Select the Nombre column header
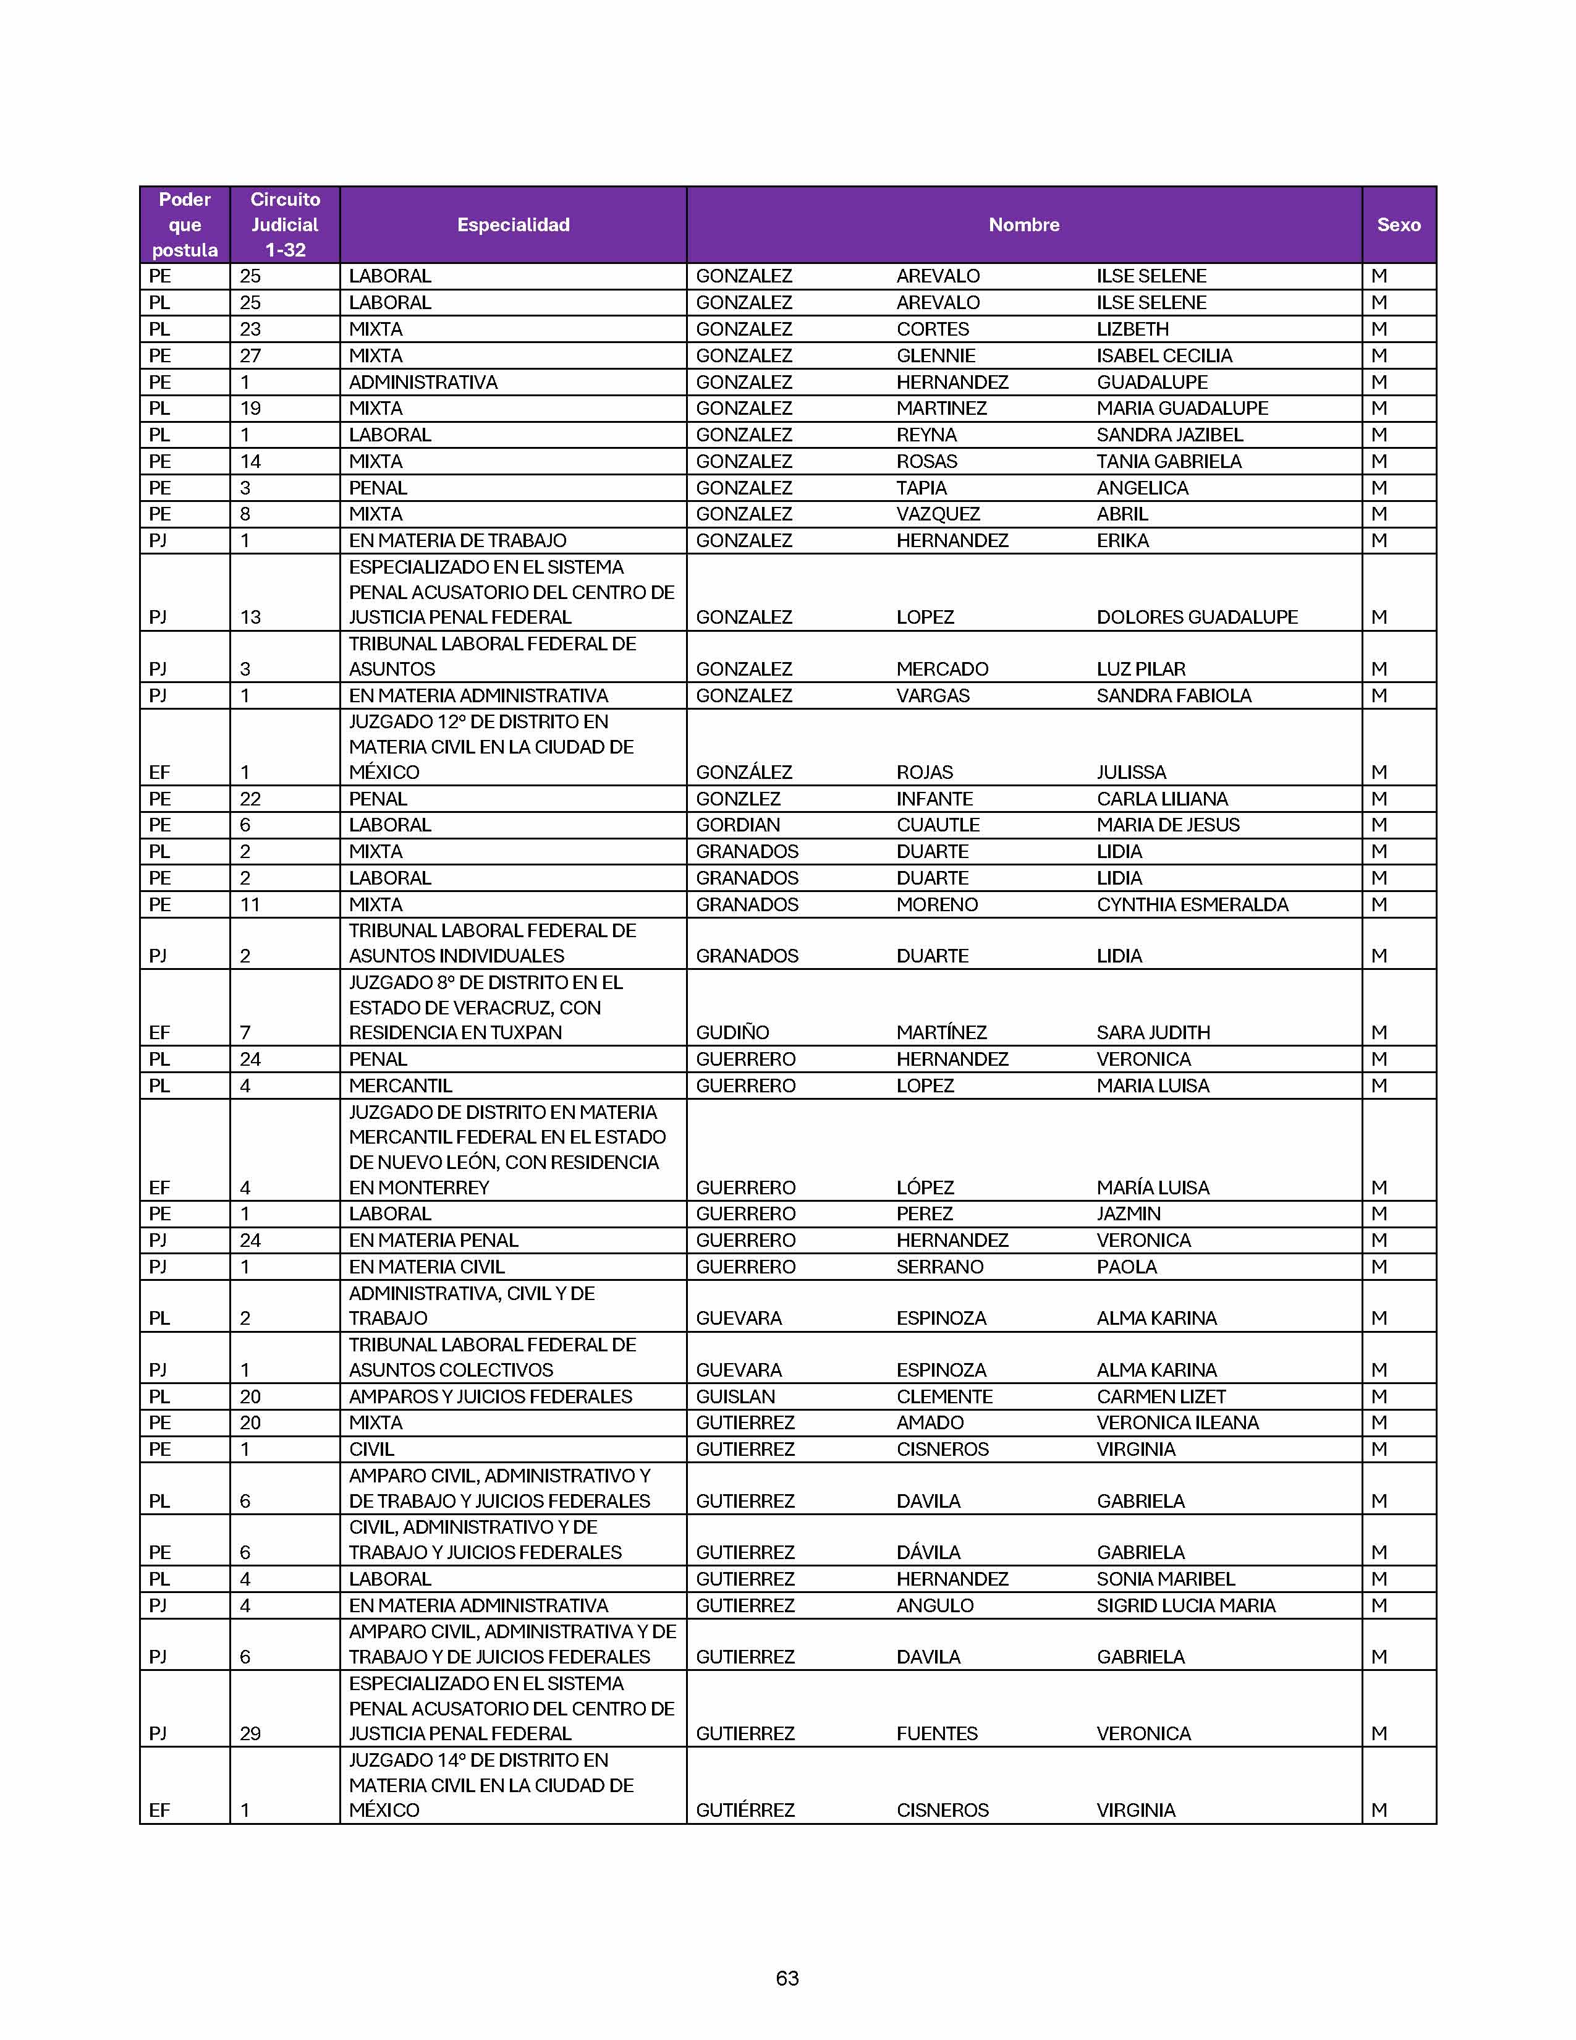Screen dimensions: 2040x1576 coord(1023,225)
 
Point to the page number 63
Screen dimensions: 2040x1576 coord(787,1978)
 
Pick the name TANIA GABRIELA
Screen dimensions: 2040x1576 coord(1169,461)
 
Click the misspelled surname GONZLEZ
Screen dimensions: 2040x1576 coord(737,799)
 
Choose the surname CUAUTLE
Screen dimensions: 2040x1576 coord(938,825)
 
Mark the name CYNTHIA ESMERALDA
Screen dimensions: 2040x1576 coord(1192,904)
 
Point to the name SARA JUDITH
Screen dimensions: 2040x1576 coord(1153,1032)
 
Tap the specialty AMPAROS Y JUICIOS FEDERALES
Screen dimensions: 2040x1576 coord(490,1396)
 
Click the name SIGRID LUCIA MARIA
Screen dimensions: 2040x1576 coord(1186,1605)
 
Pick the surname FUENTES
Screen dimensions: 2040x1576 coord(936,1733)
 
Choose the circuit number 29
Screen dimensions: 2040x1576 coord(250,1733)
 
